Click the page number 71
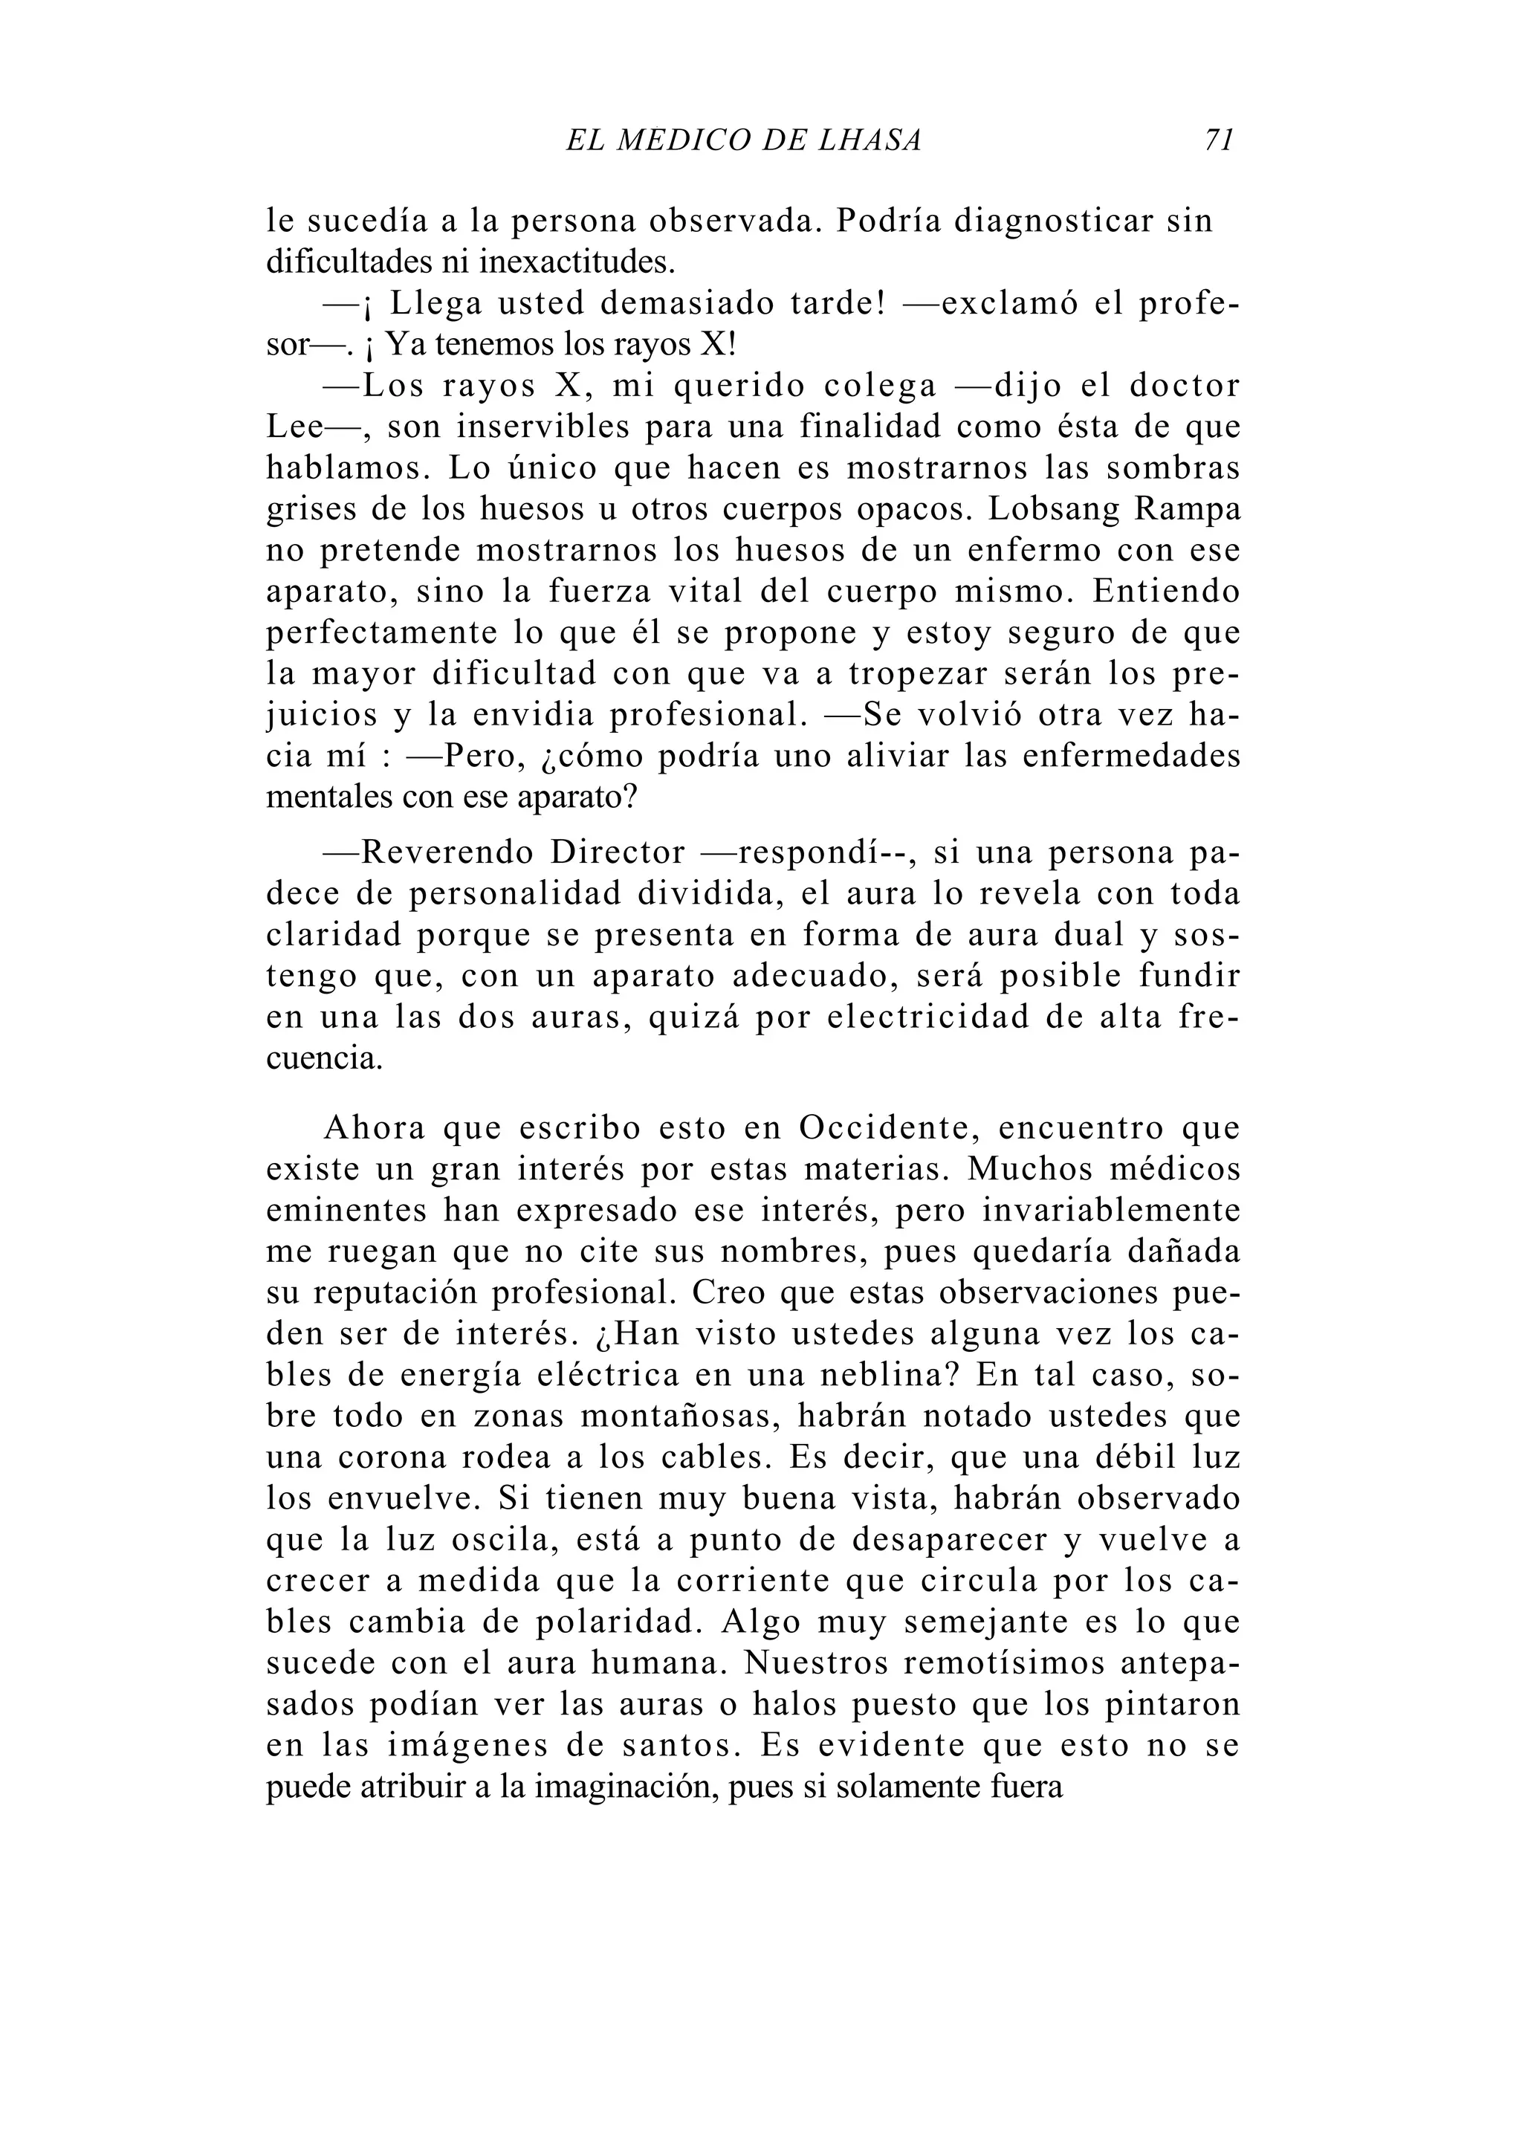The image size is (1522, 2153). [1218, 140]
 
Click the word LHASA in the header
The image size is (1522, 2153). [870, 140]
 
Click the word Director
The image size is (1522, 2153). [618, 852]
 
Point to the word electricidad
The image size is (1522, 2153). [928, 1017]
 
